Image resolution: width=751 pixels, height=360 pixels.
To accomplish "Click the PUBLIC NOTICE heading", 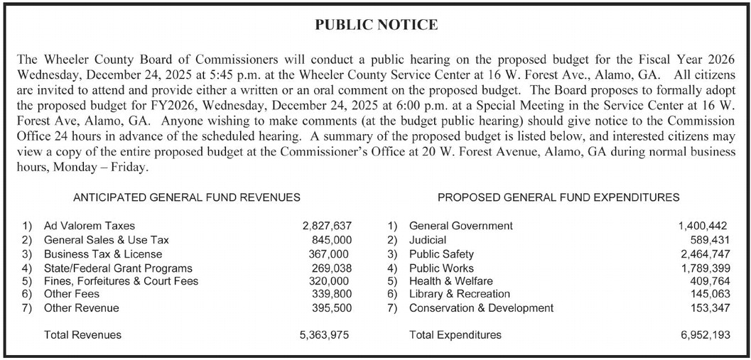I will (x=376, y=26).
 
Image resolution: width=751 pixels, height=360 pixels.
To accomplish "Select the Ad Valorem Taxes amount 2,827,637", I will (x=327, y=226).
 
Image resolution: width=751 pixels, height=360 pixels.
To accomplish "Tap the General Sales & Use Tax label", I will (x=107, y=240).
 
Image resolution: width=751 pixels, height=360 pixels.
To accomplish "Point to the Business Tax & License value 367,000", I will (x=330, y=253).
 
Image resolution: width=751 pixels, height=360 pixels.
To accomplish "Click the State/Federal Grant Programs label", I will (x=118, y=268).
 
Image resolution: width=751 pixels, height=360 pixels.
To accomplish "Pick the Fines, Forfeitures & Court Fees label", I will (x=121, y=280).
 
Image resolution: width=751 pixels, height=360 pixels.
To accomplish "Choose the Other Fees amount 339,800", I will (x=332, y=294).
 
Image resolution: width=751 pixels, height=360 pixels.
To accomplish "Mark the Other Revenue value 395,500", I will (x=332, y=308).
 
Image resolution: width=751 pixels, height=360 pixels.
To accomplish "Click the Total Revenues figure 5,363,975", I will (x=325, y=335).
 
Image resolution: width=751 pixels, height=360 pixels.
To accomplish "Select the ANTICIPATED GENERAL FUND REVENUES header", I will (x=186, y=197).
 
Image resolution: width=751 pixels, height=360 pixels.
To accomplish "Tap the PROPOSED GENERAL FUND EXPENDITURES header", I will (x=558, y=197).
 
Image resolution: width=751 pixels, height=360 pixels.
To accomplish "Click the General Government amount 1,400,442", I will (x=704, y=226).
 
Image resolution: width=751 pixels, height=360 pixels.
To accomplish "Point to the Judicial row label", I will (x=428, y=240).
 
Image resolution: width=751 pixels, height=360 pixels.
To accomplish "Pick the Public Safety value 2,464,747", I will (x=704, y=253).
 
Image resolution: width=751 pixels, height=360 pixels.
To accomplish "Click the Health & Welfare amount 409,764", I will (x=709, y=280).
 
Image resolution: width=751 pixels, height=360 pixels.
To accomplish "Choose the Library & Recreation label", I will (x=459, y=294).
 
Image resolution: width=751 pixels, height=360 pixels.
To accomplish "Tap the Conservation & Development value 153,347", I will (x=709, y=308).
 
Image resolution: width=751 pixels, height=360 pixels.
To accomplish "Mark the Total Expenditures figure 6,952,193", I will (x=704, y=335).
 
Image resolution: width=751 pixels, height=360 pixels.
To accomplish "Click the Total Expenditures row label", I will (x=455, y=335).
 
